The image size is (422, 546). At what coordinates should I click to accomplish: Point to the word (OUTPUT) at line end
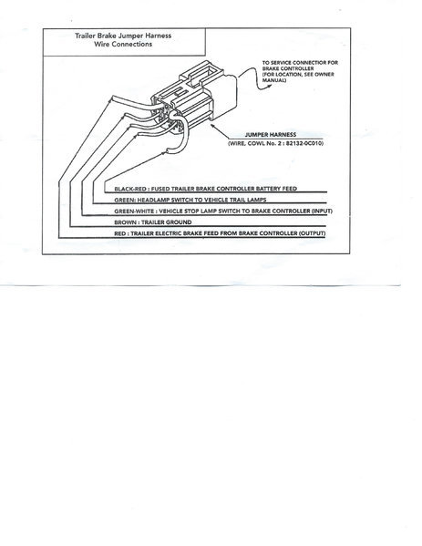[312, 233]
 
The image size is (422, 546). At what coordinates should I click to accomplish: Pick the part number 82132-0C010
[304, 143]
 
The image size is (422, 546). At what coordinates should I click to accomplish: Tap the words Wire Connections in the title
[123, 45]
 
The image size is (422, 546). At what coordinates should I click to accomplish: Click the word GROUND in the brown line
[179, 222]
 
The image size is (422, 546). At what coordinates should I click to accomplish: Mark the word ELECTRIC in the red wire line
[169, 233]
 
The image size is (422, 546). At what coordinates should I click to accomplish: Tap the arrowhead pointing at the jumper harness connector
[212, 126]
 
